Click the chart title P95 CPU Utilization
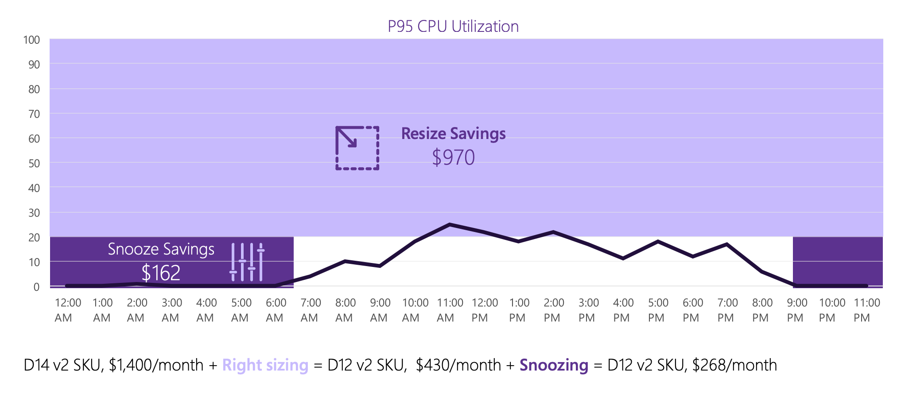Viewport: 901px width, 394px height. pos(453,27)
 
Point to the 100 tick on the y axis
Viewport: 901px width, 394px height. pos(31,40)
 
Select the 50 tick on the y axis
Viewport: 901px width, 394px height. pos(34,163)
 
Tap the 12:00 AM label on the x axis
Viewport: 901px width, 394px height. pos(67,310)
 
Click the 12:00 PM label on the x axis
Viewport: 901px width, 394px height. pos(485,310)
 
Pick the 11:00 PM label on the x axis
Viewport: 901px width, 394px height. pos(866,310)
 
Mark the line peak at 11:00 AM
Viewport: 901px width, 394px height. pos(450,224)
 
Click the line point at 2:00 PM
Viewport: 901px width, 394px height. pos(554,232)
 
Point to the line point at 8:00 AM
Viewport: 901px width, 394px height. pos(345,261)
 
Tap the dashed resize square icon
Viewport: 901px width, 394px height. pos(357,148)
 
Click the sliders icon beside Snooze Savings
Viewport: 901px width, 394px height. pos(247,262)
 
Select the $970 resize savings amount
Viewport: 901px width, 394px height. pos(453,158)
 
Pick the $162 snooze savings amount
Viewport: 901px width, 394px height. pos(161,273)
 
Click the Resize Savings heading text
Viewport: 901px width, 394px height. pos(453,134)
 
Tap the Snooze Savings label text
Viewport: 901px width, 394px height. pos(161,249)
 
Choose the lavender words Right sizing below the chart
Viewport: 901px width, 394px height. pos(265,365)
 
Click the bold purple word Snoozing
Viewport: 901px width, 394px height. pos(554,365)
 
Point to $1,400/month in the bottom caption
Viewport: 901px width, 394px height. pos(156,365)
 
